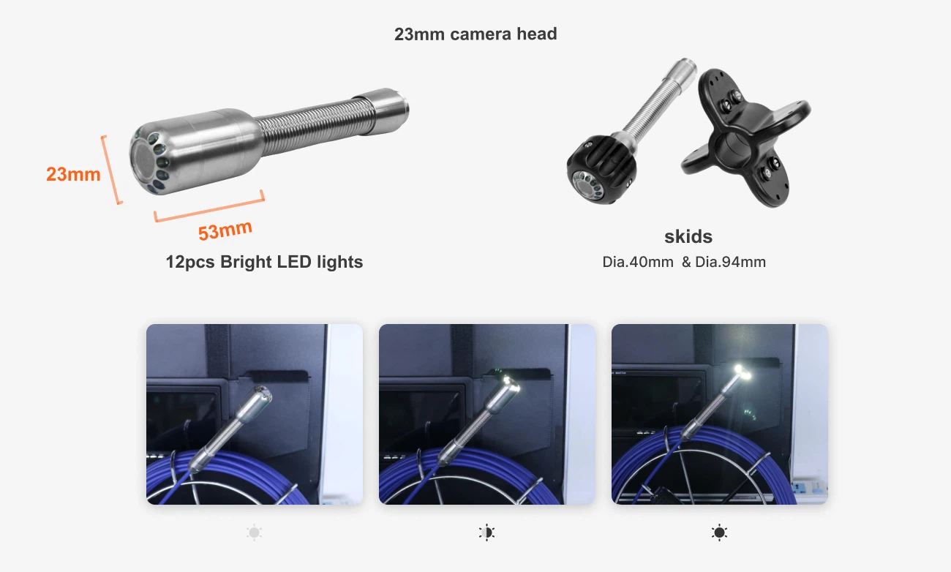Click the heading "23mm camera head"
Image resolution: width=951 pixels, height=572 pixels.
[x=475, y=34]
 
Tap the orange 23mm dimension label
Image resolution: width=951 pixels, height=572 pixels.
[x=73, y=174]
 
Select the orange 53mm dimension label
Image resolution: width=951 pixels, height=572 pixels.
[x=225, y=230]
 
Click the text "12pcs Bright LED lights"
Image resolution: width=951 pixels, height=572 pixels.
[x=264, y=262]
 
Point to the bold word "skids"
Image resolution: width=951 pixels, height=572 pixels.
[x=688, y=236]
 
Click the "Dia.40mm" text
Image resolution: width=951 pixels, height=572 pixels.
[x=637, y=262]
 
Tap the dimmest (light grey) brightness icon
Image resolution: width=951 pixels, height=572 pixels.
[x=254, y=533]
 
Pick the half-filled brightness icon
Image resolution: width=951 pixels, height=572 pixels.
[x=486, y=533]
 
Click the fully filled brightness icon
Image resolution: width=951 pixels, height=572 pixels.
[x=719, y=533]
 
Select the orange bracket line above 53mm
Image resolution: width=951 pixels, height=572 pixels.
[x=209, y=206]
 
